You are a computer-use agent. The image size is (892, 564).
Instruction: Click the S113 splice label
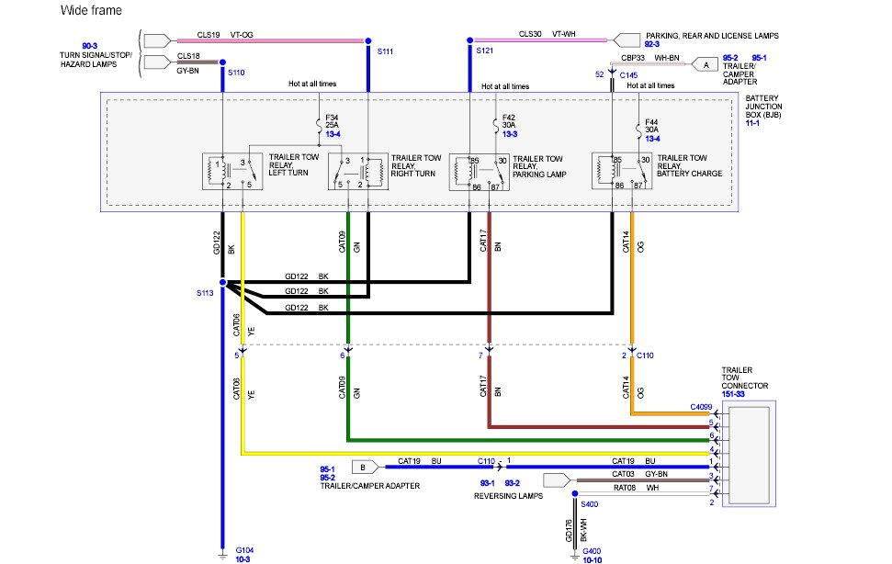(x=204, y=293)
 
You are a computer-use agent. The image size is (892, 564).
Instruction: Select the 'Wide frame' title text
(x=90, y=10)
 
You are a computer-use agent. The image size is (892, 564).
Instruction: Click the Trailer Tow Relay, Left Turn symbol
(x=231, y=172)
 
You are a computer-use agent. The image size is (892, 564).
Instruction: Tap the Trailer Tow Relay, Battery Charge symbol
(x=622, y=172)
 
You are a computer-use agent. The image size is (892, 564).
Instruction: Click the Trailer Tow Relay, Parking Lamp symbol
(x=479, y=172)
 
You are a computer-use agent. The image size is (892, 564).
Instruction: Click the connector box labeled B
(x=363, y=466)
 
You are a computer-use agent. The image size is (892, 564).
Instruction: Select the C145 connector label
(x=628, y=74)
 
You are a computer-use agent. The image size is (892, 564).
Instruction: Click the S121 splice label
(x=485, y=51)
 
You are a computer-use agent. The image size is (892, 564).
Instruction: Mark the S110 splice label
(x=236, y=72)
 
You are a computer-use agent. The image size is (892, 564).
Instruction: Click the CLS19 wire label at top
(x=210, y=36)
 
